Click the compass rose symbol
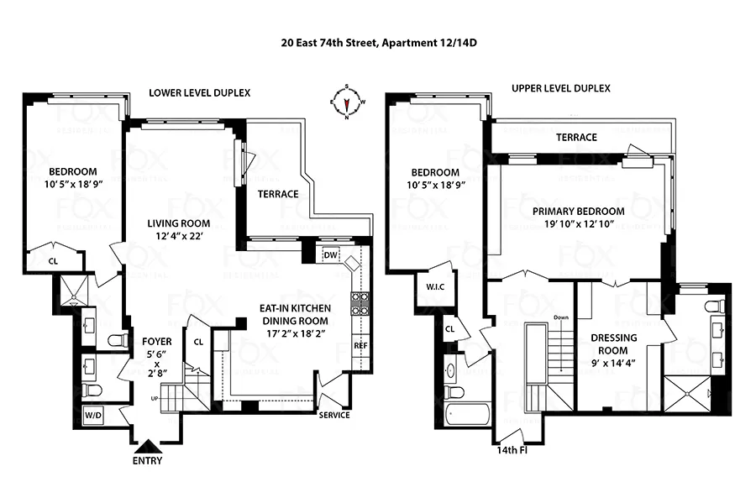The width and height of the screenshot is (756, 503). point(347,102)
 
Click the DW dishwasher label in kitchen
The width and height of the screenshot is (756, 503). point(330,255)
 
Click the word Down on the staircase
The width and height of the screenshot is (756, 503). point(562,317)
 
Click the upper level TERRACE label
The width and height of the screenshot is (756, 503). point(576,138)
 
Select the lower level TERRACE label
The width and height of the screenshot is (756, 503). point(277,194)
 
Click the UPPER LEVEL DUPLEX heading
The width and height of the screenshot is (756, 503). point(560,88)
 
